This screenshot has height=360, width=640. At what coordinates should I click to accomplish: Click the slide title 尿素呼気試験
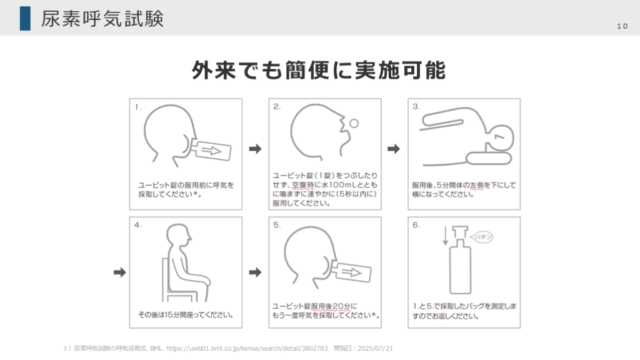[102, 19]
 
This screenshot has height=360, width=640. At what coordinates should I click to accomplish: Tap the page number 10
[622, 26]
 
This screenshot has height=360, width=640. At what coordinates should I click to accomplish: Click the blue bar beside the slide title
[25, 18]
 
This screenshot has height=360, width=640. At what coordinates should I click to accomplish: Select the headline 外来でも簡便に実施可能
[318, 70]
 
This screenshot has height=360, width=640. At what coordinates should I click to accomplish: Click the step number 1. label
[138, 107]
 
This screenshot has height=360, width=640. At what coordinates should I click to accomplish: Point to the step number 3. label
[416, 106]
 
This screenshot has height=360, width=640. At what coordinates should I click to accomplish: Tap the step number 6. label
[416, 225]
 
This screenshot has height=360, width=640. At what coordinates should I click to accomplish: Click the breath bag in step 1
[211, 150]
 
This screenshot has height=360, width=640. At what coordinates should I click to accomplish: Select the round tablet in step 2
[354, 123]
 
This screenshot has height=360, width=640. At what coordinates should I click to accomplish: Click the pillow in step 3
[489, 158]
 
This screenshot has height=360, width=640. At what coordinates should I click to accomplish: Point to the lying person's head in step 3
[500, 138]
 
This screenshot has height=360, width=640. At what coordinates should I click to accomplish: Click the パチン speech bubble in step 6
[482, 237]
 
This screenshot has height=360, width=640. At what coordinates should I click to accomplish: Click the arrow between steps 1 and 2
[255, 149]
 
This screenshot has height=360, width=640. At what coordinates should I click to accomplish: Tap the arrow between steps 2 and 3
[394, 149]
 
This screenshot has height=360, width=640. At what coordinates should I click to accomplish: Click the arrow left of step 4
[119, 272]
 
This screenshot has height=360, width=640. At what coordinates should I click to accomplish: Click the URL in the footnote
[247, 349]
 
